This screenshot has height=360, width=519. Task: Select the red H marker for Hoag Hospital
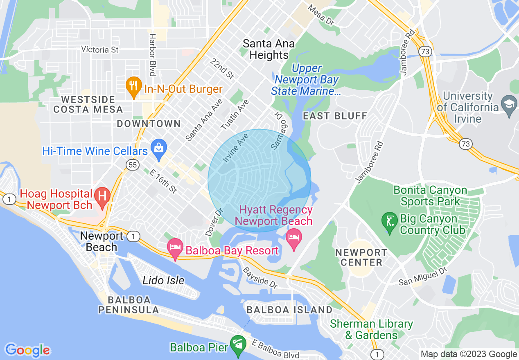(102, 196)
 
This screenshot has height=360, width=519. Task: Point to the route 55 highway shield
(131, 164)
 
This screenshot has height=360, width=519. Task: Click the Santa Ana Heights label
(269, 49)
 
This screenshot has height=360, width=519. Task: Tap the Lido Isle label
(163, 281)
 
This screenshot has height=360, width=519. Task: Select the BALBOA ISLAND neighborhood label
(289, 310)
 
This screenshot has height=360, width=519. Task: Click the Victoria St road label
(100, 49)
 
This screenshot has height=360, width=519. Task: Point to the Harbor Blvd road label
(153, 54)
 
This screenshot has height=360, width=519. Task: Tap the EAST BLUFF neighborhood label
(335, 116)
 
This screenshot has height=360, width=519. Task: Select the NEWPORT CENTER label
(361, 257)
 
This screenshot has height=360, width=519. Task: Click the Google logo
(27, 350)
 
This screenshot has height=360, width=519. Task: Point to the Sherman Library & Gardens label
(372, 330)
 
